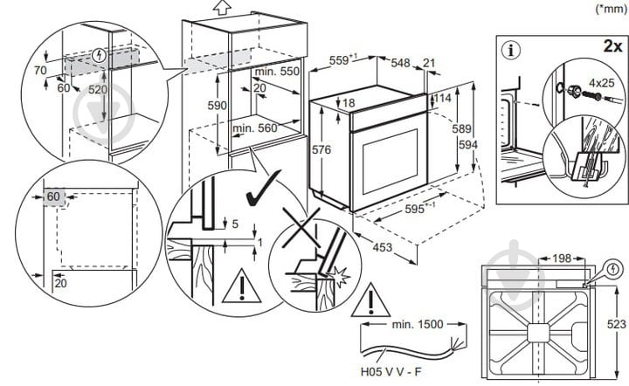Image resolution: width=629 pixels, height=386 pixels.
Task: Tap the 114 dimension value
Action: tap(443, 99)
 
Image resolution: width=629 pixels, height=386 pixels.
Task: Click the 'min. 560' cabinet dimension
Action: tap(256, 128)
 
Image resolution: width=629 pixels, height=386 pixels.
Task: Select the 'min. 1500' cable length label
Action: tap(418, 325)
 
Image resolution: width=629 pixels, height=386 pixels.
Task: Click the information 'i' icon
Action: tap(511, 49)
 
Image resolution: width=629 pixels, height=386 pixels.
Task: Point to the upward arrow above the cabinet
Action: tap(220, 8)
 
